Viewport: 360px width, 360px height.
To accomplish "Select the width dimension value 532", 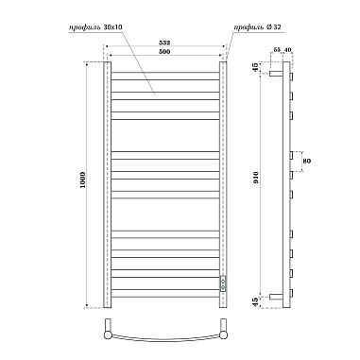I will pos(166,42).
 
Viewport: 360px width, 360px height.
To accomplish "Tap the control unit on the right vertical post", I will pos(224,283).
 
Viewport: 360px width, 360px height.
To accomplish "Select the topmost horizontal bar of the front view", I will pos(166,70).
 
